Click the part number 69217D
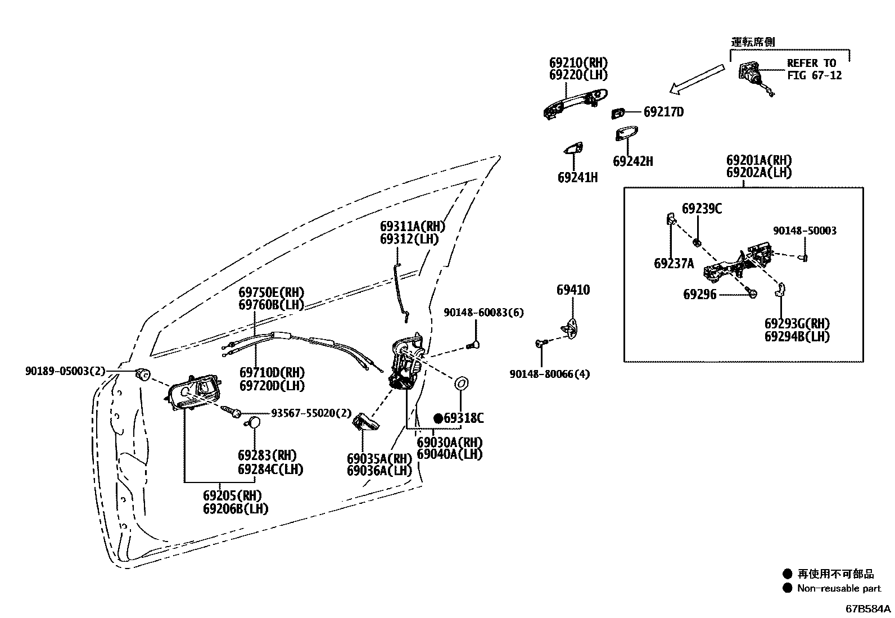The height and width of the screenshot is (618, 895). pyautogui.click(x=663, y=112)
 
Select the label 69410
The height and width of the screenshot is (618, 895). pyautogui.click(x=573, y=290)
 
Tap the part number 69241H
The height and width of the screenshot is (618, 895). pyautogui.click(x=578, y=178)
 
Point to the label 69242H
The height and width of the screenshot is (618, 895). pyautogui.click(x=633, y=161)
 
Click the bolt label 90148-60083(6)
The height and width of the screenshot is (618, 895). pyautogui.click(x=483, y=313)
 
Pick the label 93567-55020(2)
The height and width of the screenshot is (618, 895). pyautogui.click(x=311, y=413)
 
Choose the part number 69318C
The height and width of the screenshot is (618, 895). pyautogui.click(x=463, y=418)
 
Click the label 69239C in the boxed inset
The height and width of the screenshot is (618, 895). pyautogui.click(x=702, y=209)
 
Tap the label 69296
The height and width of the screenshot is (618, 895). pyautogui.click(x=699, y=295)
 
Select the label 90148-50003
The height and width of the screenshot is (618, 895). pyautogui.click(x=804, y=231)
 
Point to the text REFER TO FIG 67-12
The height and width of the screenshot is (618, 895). pyautogui.click(x=814, y=69)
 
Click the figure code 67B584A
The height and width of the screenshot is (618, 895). pyautogui.click(x=868, y=609)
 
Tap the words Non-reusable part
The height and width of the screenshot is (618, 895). pyautogui.click(x=839, y=588)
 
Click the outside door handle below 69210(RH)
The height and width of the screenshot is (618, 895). pyautogui.click(x=575, y=103)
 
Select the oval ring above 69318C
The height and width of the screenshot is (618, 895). pyautogui.click(x=461, y=384)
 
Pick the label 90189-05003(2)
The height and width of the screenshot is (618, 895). pyautogui.click(x=65, y=371)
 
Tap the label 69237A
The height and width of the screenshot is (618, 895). pyautogui.click(x=673, y=264)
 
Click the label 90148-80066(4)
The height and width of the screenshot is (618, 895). pyautogui.click(x=549, y=374)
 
